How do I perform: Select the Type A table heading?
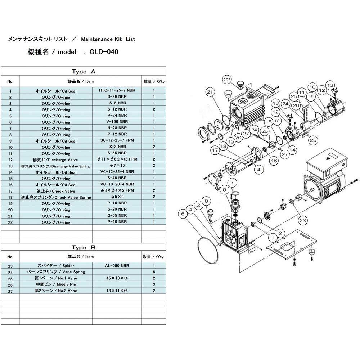point(84,71)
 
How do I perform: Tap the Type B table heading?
point(84,247)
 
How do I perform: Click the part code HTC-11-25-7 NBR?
point(117,90)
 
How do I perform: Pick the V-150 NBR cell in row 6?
point(117,122)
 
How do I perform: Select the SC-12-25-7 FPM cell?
point(117,140)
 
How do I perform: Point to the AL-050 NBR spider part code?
point(117,266)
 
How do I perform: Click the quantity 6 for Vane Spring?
point(154,272)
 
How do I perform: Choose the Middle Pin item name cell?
point(56,284)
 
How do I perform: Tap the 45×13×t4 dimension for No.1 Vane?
point(117,278)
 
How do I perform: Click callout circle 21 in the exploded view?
point(210,92)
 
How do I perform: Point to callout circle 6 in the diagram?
point(183,214)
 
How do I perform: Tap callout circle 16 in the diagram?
point(274,161)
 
